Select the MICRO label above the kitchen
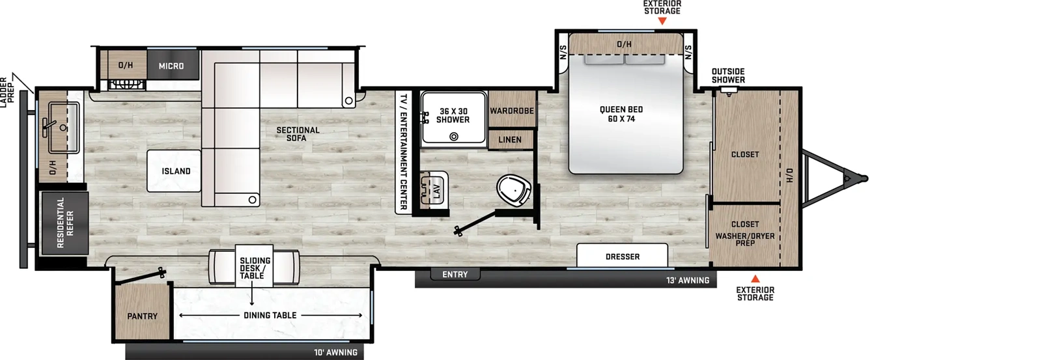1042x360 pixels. click(x=171, y=66)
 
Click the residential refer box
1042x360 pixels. click(x=65, y=223)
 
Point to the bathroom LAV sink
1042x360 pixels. click(x=432, y=189)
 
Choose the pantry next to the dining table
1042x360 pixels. click(x=142, y=316)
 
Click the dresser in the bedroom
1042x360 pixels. click(x=622, y=256)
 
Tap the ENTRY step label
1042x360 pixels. click(x=455, y=275)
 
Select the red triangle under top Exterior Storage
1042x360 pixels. click(x=662, y=21)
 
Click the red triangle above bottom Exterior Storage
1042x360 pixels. click(x=755, y=279)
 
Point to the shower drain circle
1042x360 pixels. click(x=454, y=136)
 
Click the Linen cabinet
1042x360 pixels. click(x=510, y=139)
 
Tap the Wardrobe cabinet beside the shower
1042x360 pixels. click(x=511, y=111)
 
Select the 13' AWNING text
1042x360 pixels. click(x=687, y=281)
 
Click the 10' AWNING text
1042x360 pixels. click(x=335, y=352)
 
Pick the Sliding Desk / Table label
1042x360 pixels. click(x=254, y=268)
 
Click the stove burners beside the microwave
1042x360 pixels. click(x=126, y=84)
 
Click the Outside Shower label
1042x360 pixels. click(x=728, y=76)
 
